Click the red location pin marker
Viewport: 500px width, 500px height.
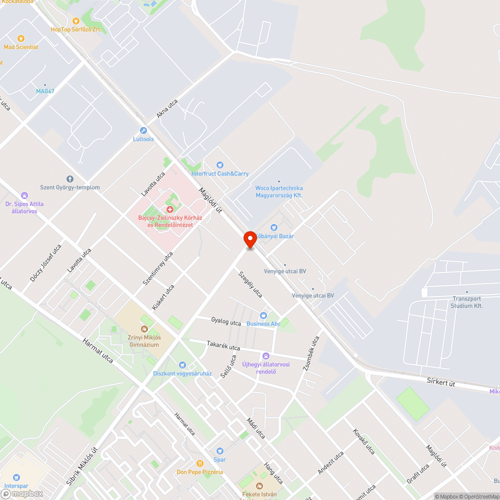pyautogui.click(x=250, y=239)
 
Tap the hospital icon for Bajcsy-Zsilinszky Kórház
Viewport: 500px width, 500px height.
pyautogui.click(x=170, y=209)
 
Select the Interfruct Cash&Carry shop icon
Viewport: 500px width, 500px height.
pyautogui.click(x=219, y=165)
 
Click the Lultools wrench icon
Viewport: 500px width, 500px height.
pyautogui.click(x=143, y=130)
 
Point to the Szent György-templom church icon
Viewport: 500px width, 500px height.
pyautogui.click(x=69, y=178)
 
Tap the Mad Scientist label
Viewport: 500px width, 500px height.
pyautogui.click(x=21, y=47)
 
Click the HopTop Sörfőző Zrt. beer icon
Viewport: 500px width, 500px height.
pyautogui.click(x=76, y=21)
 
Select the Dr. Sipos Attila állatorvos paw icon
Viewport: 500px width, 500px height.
pyautogui.click(x=24, y=195)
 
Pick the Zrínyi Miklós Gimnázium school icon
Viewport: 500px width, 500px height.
pyautogui.click(x=144, y=328)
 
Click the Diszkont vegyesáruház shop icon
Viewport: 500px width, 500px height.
pyautogui.click(x=182, y=365)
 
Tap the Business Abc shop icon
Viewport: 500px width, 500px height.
pyautogui.click(x=263, y=315)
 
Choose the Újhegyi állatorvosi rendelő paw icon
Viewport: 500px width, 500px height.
pyautogui.click(x=266, y=356)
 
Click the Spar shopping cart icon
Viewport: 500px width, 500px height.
pyautogui.click(x=219, y=451)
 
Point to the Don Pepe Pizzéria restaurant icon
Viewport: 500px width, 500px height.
pyautogui.click(x=200, y=463)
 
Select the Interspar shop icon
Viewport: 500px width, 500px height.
pyautogui.click(x=16, y=477)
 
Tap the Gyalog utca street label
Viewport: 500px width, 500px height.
pyautogui.click(x=226, y=322)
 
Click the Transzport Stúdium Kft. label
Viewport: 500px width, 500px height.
pyautogui.click(x=466, y=302)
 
